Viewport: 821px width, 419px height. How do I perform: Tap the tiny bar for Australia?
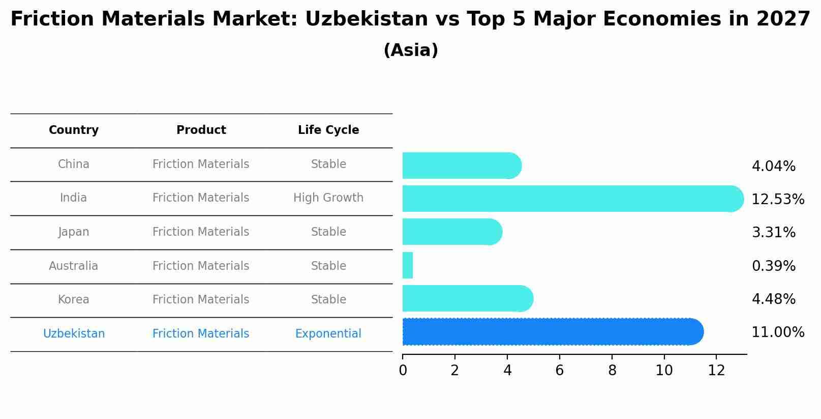(408, 265)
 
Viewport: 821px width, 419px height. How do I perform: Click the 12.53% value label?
(777, 199)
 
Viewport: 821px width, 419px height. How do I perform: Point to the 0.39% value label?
(773, 266)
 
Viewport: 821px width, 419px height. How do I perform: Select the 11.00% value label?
(777, 332)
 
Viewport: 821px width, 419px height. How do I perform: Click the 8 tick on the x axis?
(612, 371)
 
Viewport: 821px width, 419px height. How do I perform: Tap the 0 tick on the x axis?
(403, 371)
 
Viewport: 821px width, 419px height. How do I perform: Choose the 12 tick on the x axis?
(716, 371)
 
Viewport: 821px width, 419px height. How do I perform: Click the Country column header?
(74, 130)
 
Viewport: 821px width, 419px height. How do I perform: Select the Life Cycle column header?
(328, 130)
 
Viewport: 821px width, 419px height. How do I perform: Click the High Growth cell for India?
(328, 198)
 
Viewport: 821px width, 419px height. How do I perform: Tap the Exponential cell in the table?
(328, 333)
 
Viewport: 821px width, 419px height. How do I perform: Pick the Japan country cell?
(74, 232)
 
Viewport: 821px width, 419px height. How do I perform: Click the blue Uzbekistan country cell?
(74, 333)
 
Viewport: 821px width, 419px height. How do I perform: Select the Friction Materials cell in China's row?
(201, 164)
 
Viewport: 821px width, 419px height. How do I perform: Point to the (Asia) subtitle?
(411, 50)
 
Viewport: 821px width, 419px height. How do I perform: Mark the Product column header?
(201, 130)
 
